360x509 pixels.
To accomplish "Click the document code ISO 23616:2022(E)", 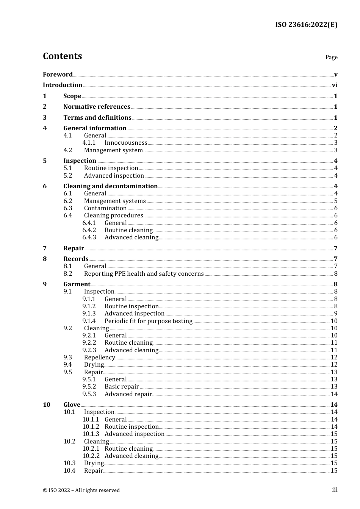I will pos(306,25).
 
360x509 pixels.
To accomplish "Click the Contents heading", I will pos(62,56).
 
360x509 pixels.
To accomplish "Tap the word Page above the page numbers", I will pos(331,57).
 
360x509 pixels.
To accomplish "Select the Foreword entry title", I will pos(58,74).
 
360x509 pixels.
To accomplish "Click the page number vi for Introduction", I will pos(335,85).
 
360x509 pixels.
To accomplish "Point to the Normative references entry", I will pos(97,107).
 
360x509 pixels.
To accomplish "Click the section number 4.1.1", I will pos(89,143).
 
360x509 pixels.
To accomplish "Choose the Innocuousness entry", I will pos(126,143).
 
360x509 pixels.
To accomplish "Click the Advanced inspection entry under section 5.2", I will pos(114,176).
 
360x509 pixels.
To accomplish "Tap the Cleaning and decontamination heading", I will pos(110,186).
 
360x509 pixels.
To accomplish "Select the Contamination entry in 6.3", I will pos(105,208).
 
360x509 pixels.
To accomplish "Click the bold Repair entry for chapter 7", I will pos(74,248).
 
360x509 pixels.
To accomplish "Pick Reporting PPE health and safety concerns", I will pos(144,274).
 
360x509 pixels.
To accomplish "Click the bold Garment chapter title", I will pos(77,284).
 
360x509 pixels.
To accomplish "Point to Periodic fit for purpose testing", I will pos(149,321).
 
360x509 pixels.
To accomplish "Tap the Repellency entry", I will pos(99,358).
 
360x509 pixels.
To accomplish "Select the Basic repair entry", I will pos(122,387).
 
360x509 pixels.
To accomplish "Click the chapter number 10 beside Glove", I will pos(46,405).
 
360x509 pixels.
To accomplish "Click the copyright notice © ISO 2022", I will pos(81,490).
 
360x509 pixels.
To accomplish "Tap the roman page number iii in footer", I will pos(335,490).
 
